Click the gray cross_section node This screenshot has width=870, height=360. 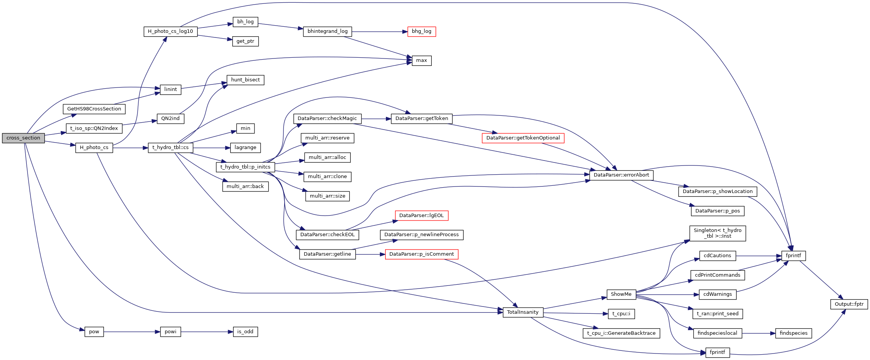(23, 138)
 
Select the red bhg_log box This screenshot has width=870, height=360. (421, 31)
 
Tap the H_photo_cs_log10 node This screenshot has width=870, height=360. (170, 31)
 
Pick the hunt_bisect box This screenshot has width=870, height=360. (245, 80)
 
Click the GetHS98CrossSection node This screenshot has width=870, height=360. (94, 109)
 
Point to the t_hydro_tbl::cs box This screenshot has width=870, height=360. (170, 148)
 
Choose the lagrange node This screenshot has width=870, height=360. (245, 148)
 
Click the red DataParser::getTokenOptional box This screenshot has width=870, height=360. (523, 138)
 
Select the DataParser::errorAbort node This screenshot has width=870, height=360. (621, 175)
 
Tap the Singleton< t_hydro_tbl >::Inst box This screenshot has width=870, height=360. (718, 233)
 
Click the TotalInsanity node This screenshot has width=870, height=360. (523, 312)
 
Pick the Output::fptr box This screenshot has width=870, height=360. (849, 304)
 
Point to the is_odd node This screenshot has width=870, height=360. (245, 332)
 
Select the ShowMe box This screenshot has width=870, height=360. (621, 294)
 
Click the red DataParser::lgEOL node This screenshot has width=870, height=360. (421, 216)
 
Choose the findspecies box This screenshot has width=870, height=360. (794, 333)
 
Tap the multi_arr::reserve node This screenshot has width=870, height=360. (327, 138)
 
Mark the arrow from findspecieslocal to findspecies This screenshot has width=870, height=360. (758, 333)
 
